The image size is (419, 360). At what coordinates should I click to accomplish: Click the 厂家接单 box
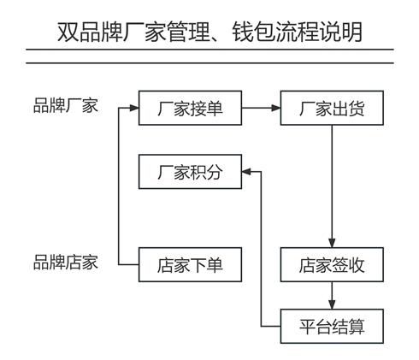pos(190,108)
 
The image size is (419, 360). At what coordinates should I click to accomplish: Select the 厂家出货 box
pos(332,108)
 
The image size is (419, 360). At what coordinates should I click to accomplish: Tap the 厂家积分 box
pos(190,172)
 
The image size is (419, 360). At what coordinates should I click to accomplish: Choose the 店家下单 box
pos(190,265)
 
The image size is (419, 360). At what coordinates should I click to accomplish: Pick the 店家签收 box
pos(332,265)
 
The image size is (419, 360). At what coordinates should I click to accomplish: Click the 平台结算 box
pos(332,327)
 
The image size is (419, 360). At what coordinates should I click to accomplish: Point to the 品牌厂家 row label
pos(66,105)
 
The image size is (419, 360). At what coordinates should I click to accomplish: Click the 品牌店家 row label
pos(66,263)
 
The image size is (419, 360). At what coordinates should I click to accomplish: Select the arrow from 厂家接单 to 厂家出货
pos(261,108)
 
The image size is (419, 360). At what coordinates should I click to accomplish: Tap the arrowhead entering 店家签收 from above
pos(332,243)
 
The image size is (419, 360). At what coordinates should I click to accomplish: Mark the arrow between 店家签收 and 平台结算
pos(332,296)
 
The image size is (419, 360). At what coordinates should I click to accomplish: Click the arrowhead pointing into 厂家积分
pos(247,172)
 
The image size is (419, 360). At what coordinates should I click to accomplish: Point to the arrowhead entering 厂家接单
pos(133,108)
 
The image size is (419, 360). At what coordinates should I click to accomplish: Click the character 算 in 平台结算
pos(357,327)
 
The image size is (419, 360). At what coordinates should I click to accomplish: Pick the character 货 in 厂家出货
pos(357,109)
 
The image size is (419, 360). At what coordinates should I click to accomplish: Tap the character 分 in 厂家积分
pos(215,172)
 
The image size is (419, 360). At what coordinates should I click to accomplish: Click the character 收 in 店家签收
pos(357,265)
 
